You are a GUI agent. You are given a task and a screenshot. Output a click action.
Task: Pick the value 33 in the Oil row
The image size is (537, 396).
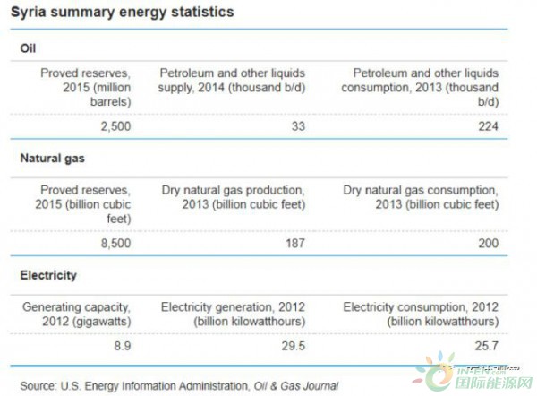(x=297, y=126)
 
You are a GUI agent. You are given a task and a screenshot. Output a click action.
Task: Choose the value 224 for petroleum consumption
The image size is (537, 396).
(x=487, y=126)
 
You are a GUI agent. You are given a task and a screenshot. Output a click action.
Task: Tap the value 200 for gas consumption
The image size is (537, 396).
(x=487, y=243)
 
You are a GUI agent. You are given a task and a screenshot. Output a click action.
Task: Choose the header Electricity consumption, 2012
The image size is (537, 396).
(x=421, y=314)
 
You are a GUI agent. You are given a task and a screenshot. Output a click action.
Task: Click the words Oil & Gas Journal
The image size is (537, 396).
(x=293, y=385)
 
